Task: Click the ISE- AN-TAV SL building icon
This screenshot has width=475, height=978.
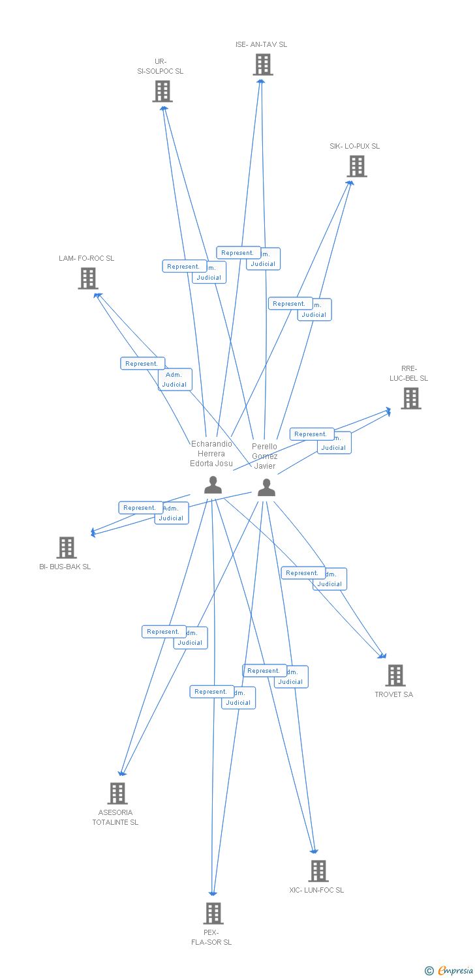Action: pos(262,65)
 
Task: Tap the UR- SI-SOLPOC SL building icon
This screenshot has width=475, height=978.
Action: pos(162,91)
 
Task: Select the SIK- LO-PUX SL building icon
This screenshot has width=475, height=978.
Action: pos(356,166)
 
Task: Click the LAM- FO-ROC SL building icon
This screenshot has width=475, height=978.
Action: pos(87,278)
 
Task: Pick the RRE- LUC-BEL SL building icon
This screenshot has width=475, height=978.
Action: pos(410,398)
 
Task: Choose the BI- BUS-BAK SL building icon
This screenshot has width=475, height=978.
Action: pos(67,548)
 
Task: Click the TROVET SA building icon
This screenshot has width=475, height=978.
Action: pos(395,675)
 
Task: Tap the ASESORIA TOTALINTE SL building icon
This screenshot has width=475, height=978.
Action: pos(117,793)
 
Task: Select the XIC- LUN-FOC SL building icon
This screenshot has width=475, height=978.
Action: pos(318,871)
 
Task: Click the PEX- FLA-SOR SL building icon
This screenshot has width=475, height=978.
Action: pos(213,913)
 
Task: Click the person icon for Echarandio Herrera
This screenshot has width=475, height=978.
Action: pos(213,485)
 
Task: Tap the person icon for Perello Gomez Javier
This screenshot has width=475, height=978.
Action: pos(266,488)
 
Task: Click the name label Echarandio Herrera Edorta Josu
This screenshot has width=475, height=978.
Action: pos(211,454)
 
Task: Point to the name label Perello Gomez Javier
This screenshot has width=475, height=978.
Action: pos(264,456)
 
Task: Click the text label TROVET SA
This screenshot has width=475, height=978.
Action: pos(393,694)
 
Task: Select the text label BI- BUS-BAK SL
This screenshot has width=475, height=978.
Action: pos(65,567)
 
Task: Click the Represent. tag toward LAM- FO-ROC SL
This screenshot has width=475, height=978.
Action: pos(142,364)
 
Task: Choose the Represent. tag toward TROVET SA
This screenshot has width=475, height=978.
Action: pos(303,573)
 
